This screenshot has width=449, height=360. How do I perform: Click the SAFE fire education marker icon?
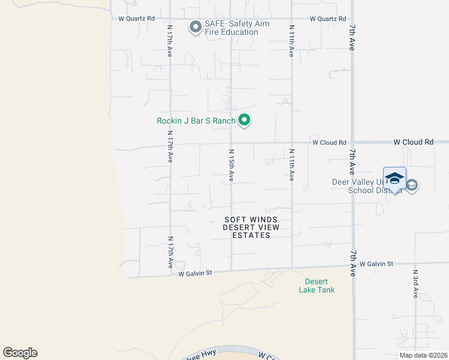pos(195,28)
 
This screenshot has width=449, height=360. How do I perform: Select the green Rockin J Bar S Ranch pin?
pos(244,121)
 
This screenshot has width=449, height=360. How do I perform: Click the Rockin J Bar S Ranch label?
pos(196,121)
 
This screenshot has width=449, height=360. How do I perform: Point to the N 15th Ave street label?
pos(231,165)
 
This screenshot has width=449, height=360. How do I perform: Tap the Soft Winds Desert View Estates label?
pos(247,227)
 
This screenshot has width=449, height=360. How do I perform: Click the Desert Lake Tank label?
pos(316,286)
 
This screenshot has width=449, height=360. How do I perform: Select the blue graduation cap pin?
pos(394,179)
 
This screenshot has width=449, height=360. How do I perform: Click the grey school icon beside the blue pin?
pos(412,185)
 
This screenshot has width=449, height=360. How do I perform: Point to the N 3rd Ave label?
pos(415,284)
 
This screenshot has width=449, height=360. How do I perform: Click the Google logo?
pos(20,353)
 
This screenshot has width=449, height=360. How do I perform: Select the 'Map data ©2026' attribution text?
pos(423,355)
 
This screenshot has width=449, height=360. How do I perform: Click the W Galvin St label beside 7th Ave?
pos(376,263)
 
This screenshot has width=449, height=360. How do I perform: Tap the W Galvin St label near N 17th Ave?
pos(196,273)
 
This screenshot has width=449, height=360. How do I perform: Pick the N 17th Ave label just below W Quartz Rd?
pos(170,41)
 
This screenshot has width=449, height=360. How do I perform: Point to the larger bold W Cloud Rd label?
pos(413,142)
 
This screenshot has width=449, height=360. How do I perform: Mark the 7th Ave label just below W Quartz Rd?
pos(352,37)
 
